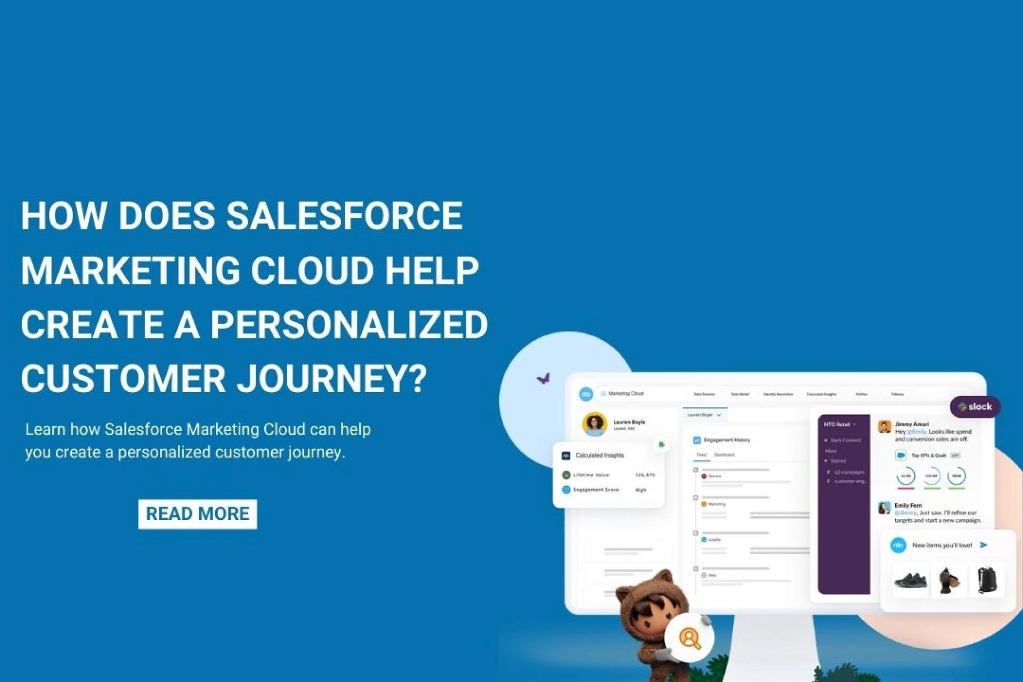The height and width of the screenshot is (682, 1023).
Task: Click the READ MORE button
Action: [x=197, y=514]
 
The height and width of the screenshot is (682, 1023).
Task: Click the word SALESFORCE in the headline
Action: [x=344, y=216]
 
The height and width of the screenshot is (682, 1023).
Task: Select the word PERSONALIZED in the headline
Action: [x=349, y=324]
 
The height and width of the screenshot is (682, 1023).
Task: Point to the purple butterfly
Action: [x=543, y=379]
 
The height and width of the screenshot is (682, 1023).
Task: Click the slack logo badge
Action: [x=975, y=407]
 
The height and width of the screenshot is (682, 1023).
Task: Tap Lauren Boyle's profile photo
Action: [x=594, y=424]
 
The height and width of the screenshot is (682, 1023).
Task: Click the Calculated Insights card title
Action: [x=599, y=456]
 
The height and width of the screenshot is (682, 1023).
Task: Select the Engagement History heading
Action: [x=726, y=440]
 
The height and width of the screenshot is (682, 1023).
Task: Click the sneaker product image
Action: [x=910, y=580]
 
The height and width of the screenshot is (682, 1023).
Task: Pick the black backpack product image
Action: [x=987, y=580]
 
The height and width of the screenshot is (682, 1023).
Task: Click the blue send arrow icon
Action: [x=984, y=545]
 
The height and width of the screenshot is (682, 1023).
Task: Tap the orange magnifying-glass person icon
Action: [x=689, y=638]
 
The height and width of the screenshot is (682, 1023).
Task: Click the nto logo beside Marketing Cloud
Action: [x=586, y=394]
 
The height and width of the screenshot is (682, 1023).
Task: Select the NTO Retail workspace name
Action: [x=837, y=425]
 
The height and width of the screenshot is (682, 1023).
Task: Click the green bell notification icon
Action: [x=661, y=444]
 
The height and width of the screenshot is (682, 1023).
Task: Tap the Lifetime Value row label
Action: [x=591, y=475]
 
